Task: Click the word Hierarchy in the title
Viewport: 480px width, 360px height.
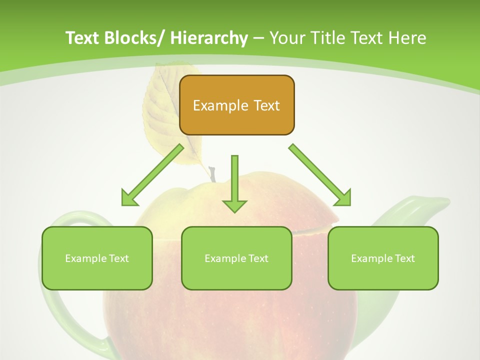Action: click(209, 38)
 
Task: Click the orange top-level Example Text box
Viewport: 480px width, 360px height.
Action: click(236, 105)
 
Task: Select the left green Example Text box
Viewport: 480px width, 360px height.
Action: click(97, 258)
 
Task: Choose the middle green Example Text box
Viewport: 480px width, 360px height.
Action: click(236, 258)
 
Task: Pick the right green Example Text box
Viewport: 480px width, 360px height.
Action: click(383, 258)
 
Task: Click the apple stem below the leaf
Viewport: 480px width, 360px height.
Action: click(212, 174)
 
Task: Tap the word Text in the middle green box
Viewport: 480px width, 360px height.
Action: click(258, 258)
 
